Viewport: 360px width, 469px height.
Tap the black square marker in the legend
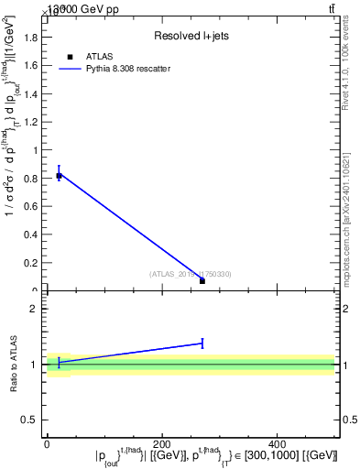pyautogui.click(x=70, y=57)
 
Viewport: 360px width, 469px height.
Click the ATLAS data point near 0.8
pyautogui.click(x=59, y=175)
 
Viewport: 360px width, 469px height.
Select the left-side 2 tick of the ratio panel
pyautogui.click(x=39, y=309)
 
